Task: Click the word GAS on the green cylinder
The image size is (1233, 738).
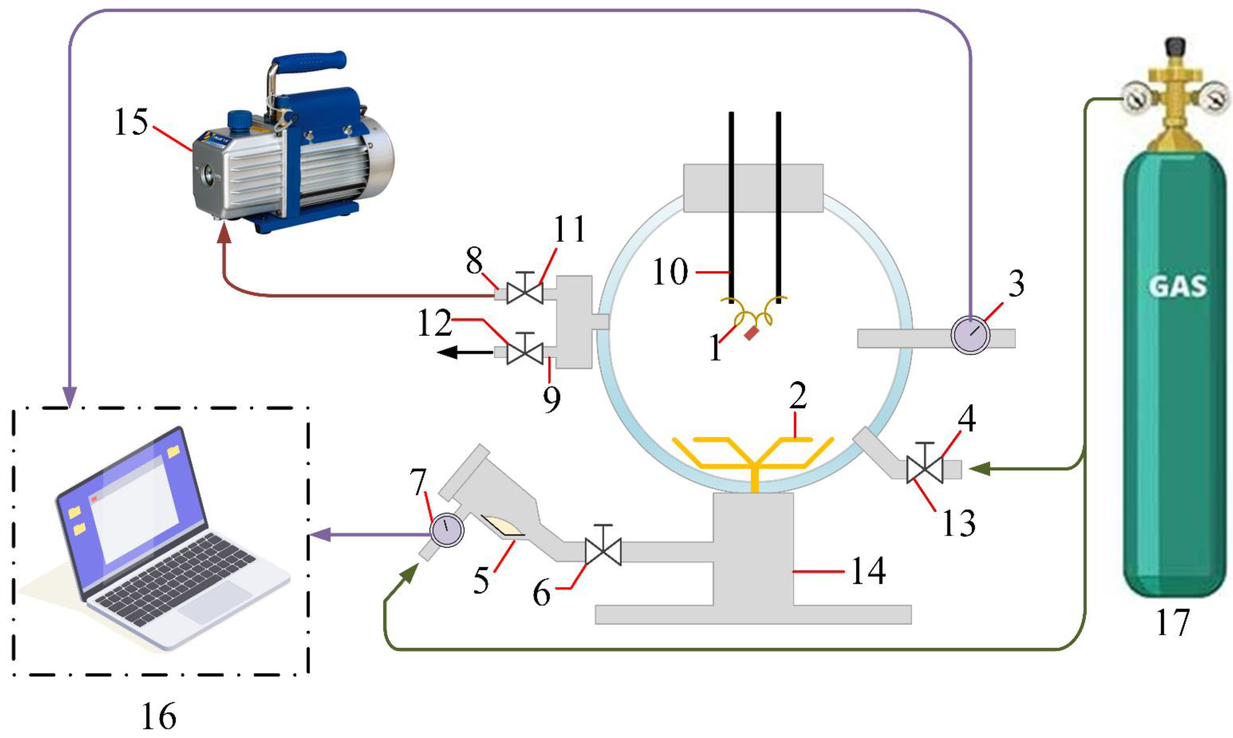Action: (x=1177, y=287)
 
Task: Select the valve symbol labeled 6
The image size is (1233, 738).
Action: (x=603, y=551)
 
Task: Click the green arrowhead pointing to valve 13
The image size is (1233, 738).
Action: (x=976, y=468)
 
